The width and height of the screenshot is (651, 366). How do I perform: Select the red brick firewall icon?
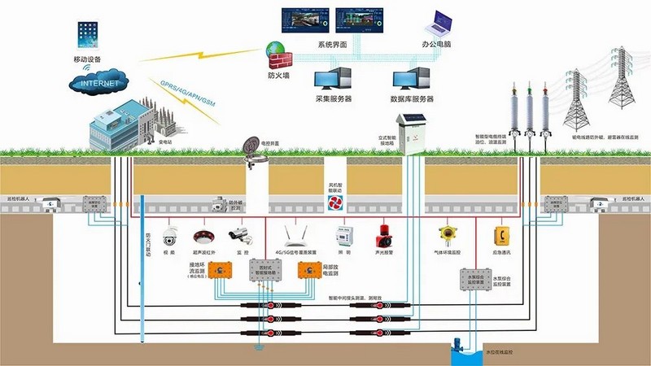click(279, 56)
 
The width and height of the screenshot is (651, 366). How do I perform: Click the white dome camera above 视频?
click(171, 237)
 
